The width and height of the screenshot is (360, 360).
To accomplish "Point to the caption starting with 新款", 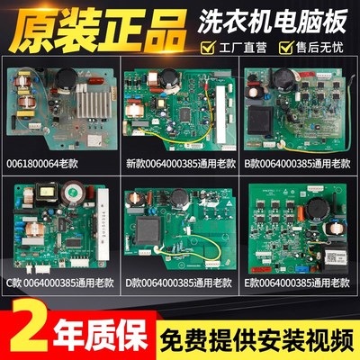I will click(x=178, y=164).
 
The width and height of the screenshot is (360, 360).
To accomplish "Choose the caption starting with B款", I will click(x=298, y=164).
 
